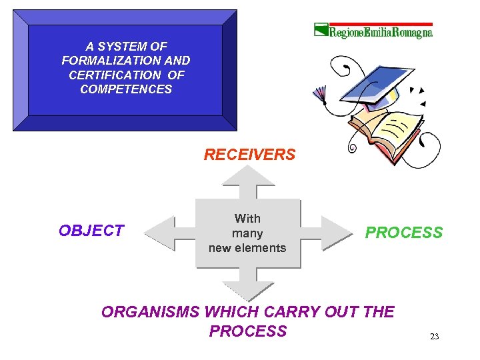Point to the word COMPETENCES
[x=126, y=89]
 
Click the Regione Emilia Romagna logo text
[x=381, y=32]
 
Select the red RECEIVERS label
[x=249, y=155]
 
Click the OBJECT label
[x=91, y=231]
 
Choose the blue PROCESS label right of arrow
[x=404, y=233]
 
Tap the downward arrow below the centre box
[x=248, y=284]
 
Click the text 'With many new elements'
[x=247, y=233]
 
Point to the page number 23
[x=434, y=337]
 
